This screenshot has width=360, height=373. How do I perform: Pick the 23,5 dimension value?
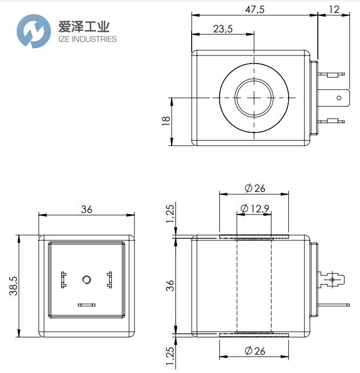222,29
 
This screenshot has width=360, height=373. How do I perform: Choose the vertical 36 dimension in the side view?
171,286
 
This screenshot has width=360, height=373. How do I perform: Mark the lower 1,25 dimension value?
171,357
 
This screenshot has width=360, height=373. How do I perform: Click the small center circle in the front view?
86,279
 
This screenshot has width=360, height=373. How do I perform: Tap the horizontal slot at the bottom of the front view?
86,305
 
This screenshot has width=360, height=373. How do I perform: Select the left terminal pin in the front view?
63,279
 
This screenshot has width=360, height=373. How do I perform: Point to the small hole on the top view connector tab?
339,98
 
